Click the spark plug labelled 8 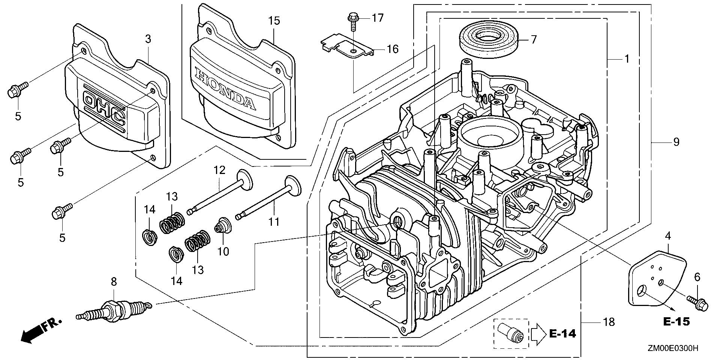[x=114, y=310]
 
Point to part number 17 [x=378, y=17]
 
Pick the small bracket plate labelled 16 [x=348, y=48]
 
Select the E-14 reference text [x=562, y=333]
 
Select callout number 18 [x=609, y=321]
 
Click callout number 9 [x=676, y=142]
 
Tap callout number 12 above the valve [x=219, y=170]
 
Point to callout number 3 [x=148, y=39]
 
